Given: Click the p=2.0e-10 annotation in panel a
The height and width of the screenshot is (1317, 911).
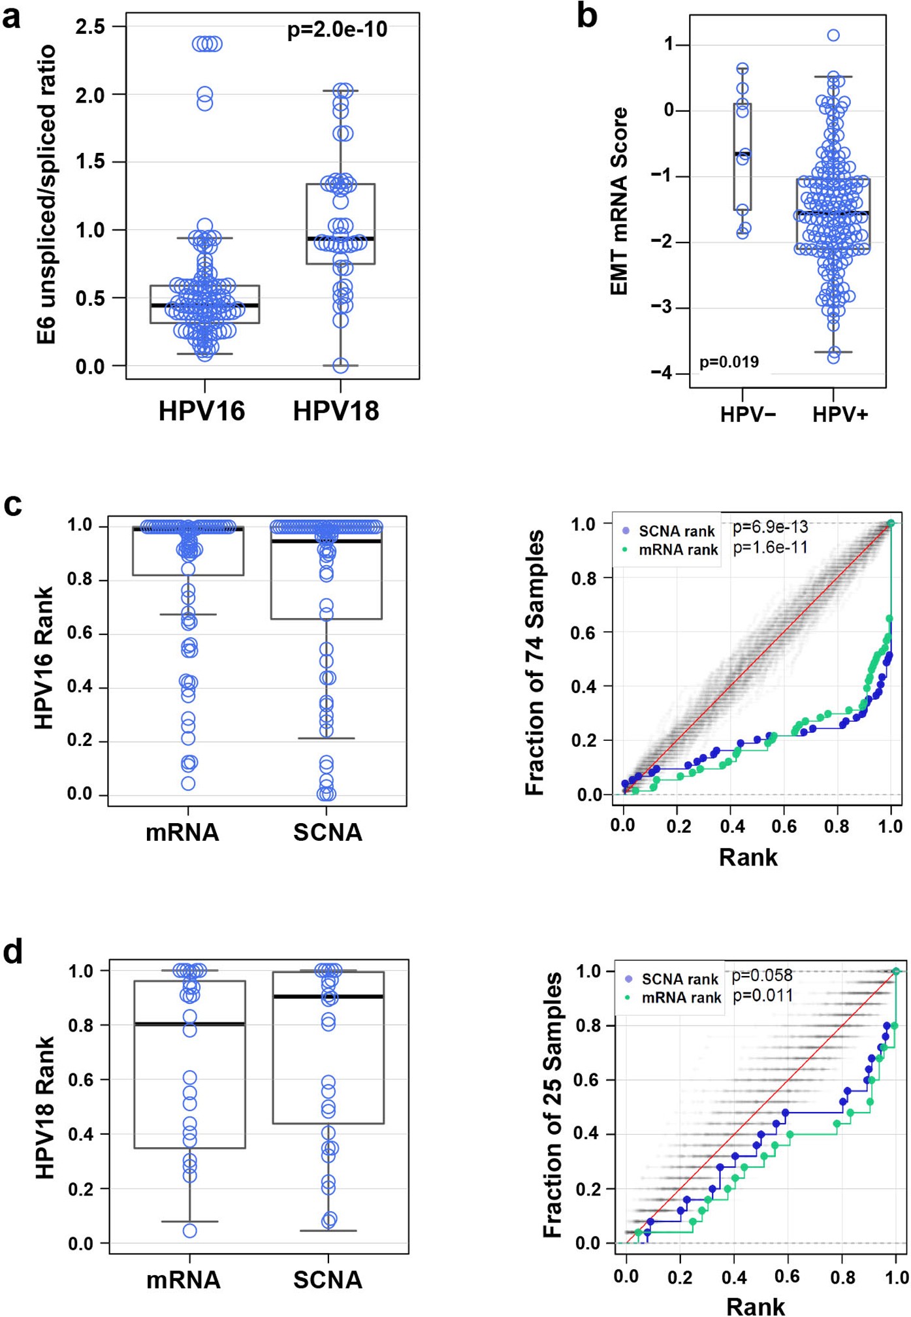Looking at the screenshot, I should click(x=337, y=29).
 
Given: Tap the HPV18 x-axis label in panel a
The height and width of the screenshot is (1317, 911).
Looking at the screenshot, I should click(x=336, y=412).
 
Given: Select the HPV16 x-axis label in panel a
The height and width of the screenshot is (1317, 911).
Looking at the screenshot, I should click(x=201, y=412).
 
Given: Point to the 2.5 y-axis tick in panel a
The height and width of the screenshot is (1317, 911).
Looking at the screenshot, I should click(x=90, y=27).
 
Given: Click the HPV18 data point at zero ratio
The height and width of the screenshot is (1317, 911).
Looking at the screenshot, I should click(x=340, y=366).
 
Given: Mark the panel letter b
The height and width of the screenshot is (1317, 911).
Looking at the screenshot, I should click(x=587, y=16).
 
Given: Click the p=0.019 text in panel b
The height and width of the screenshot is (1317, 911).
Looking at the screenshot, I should click(x=729, y=362).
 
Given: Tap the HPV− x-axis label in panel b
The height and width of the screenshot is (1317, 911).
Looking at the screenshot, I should click(x=748, y=415).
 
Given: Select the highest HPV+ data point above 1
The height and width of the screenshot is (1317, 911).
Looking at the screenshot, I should click(x=833, y=35).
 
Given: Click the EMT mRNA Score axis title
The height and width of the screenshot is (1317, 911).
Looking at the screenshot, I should click(x=618, y=201).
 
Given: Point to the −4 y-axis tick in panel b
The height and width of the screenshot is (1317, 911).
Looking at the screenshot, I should click(x=661, y=373).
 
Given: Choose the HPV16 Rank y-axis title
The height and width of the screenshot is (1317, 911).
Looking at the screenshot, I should click(x=44, y=658).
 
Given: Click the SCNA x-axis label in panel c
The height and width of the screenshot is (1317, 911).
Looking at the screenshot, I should click(x=327, y=833).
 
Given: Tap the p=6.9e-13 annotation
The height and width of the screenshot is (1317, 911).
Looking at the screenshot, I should click(x=770, y=527).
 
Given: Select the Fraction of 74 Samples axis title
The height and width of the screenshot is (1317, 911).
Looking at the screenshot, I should click(x=535, y=662).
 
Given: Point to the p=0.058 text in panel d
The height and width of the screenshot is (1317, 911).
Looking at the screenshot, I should click(x=762, y=975).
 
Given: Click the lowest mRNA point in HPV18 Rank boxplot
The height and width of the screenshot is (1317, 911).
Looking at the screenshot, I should click(x=189, y=1231).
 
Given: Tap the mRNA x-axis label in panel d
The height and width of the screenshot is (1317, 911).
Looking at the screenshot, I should click(x=183, y=1280).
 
